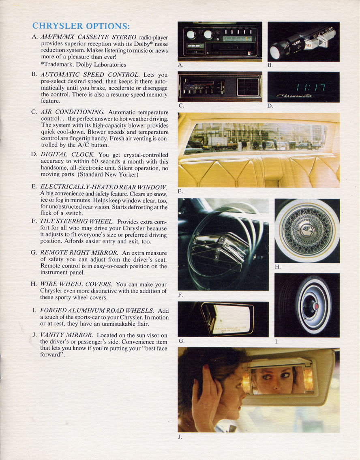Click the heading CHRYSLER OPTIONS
pyautogui.click(x=81, y=26)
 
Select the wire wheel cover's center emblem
pyautogui.click(x=306, y=231)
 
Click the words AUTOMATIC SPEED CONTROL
pyautogui.click(x=90, y=75)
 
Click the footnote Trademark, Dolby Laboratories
pyautogui.click(x=84, y=64)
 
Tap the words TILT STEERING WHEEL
pyautogui.click(x=77, y=221)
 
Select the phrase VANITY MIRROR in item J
pyautogui.click(x=67, y=335)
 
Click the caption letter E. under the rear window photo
pyautogui.click(x=180, y=191)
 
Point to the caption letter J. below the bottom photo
pyautogui.click(x=180, y=437)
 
